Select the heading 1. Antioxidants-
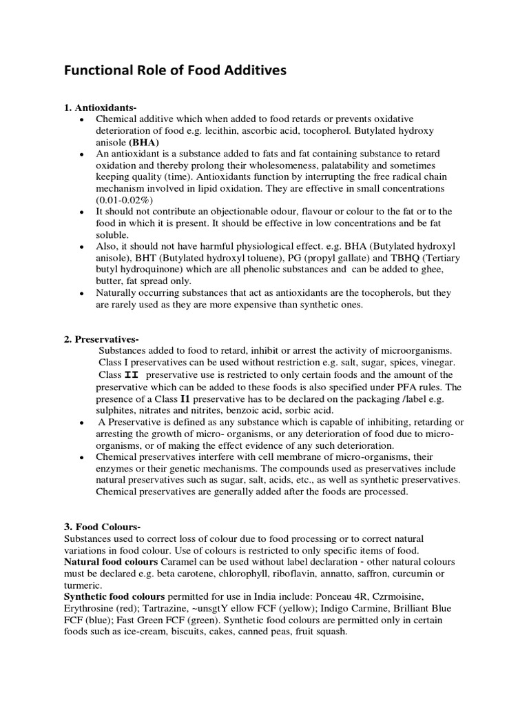101,108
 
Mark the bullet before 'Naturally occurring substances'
82,293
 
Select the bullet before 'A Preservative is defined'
82,422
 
